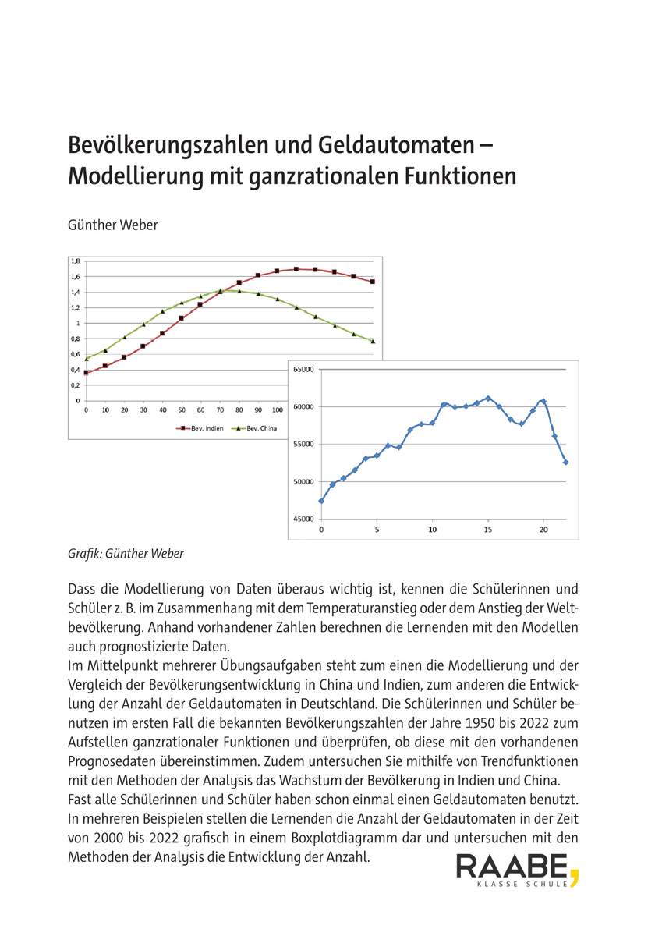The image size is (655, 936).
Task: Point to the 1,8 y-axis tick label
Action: pyautogui.click(x=75, y=261)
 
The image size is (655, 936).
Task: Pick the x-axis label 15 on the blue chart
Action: pyautogui.click(x=487, y=530)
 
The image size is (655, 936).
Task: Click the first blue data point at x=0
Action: pyautogui.click(x=321, y=501)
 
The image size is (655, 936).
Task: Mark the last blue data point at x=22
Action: pyautogui.click(x=565, y=462)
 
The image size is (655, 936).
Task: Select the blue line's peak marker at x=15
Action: pyautogui.click(x=488, y=398)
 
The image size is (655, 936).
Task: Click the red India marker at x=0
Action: pyautogui.click(x=87, y=373)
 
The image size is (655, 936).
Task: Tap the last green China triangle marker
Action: pyautogui.click(x=373, y=341)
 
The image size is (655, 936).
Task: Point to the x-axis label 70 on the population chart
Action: pyautogui.click(x=220, y=409)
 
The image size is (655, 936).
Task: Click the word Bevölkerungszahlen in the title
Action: pyautogui.click(x=184, y=145)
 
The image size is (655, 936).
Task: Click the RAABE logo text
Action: pyautogui.click(x=512, y=867)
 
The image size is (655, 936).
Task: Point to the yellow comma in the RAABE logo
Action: pyautogui.click(x=575, y=876)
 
